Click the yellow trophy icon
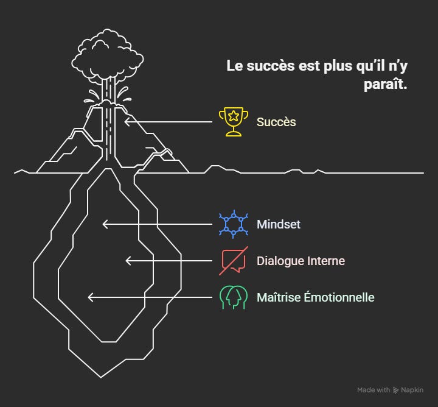pos(234,121)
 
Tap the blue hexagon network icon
pos(234,224)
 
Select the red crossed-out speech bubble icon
pos(234,261)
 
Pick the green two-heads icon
pos(234,297)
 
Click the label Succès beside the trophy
pos(276,122)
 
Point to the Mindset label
pos(278,224)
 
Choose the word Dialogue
pos(281,261)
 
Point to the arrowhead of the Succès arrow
pos(127,121)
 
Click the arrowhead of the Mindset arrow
pos(105,224)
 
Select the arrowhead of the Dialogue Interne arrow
pos(128,261)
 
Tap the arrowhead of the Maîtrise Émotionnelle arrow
pos(91,297)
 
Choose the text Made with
pos(374,390)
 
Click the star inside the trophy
pos(234,116)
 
